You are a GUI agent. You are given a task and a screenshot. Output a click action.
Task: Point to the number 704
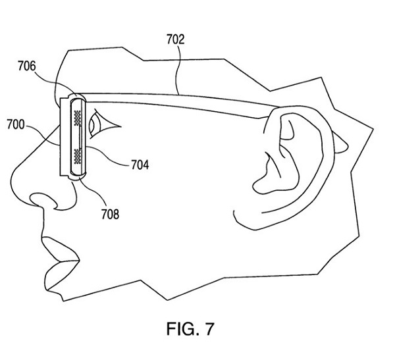138,165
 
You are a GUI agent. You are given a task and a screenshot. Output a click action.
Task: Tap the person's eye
99,123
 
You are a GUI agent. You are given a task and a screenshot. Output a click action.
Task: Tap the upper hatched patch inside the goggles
78,118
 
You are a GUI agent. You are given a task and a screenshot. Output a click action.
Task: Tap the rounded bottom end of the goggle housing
72,177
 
